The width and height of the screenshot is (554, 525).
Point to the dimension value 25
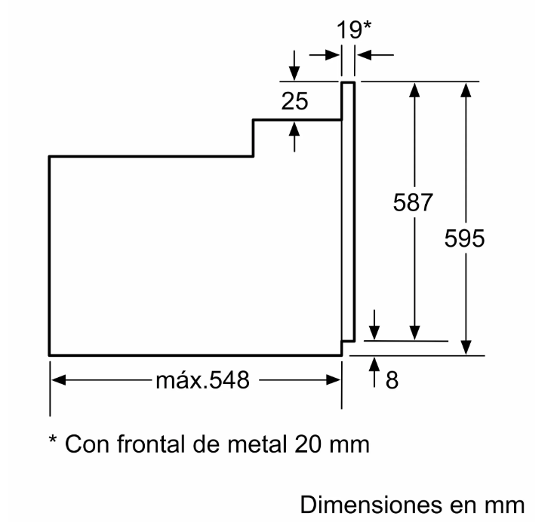(295, 101)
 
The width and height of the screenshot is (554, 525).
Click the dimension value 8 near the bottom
(391, 379)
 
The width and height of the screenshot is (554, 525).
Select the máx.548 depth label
(202, 380)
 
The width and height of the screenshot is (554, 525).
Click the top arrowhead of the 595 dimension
(467, 88)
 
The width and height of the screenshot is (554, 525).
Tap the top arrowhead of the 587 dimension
(414, 88)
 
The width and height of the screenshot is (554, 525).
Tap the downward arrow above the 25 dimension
(294, 69)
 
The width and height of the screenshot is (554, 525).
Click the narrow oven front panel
(348, 211)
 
